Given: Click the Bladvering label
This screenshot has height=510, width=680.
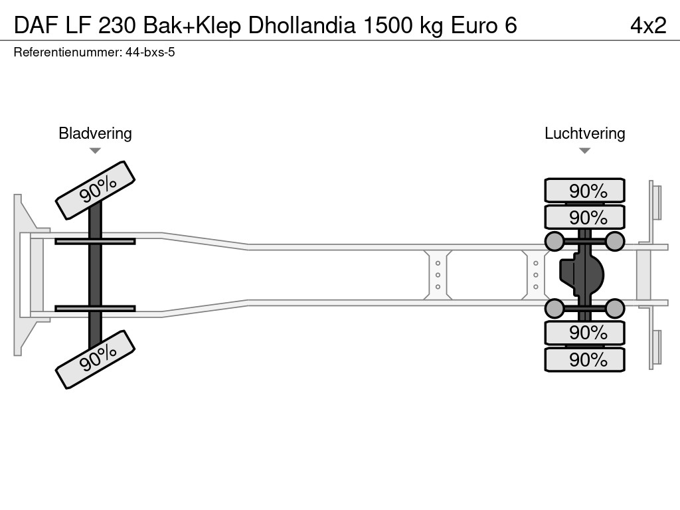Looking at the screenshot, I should point(95,133).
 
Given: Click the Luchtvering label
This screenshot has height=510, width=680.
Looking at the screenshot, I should point(584,133).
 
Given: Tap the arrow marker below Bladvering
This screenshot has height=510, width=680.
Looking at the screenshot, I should point(95,151).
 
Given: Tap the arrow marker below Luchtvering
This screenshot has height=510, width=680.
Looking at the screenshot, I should point(584,151).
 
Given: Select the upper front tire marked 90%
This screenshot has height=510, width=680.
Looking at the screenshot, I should point(95,190).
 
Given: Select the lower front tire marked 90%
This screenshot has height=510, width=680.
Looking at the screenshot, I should point(95,359).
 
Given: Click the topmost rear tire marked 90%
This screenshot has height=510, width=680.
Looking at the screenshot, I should point(584,191).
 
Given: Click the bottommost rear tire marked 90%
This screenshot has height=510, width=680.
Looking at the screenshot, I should point(584,359).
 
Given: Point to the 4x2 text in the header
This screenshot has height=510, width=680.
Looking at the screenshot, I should point(647,25).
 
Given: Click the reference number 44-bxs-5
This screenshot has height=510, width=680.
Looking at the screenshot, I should point(150,52).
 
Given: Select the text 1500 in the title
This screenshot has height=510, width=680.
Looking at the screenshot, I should point(388,25).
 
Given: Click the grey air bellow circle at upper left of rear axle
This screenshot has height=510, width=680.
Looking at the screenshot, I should point(554,242).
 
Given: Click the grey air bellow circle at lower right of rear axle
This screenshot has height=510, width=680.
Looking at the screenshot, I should point(615,308).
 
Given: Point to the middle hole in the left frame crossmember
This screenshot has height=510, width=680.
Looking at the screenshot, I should point(438,275).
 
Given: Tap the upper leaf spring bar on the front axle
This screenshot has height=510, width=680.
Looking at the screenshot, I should point(95,241).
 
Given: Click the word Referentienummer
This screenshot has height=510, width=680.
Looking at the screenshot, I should point(67,52).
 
